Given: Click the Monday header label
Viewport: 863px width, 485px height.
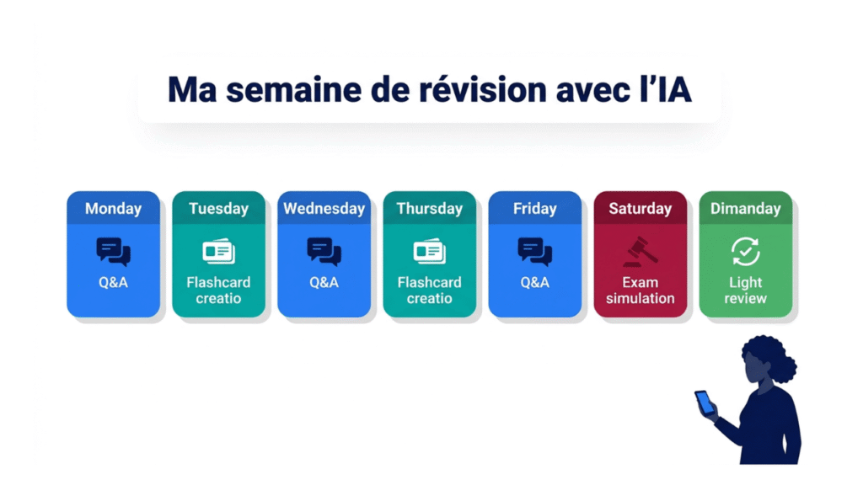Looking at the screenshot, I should click(x=113, y=209).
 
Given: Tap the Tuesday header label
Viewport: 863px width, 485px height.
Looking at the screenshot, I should click(x=218, y=209).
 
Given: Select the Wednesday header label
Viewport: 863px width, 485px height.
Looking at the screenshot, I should click(x=324, y=209).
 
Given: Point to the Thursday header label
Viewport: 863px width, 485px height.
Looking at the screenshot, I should click(x=429, y=209).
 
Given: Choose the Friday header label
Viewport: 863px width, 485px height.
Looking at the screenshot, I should click(x=534, y=209).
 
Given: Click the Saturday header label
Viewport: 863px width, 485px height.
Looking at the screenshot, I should click(x=641, y=209).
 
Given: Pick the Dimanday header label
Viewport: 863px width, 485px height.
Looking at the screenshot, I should click(x=745, y=209).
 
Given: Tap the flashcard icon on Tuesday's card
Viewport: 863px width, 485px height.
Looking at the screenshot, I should click(x=218, y=251).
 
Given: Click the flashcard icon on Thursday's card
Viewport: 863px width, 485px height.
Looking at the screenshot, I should click(x=429, y=251).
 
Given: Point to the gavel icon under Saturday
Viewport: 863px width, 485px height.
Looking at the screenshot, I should click(x=641, y=251).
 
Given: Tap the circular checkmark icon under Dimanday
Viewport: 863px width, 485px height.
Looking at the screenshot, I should click(x=745, y=251).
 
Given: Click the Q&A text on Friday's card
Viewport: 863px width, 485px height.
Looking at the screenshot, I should click(x=534, y=283).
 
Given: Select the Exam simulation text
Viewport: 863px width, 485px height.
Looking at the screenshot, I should click(x=641, y=290).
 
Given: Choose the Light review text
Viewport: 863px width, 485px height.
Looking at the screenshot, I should click(x=745, y=290).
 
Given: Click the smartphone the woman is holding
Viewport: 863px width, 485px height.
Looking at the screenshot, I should click(x=704, y=402).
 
